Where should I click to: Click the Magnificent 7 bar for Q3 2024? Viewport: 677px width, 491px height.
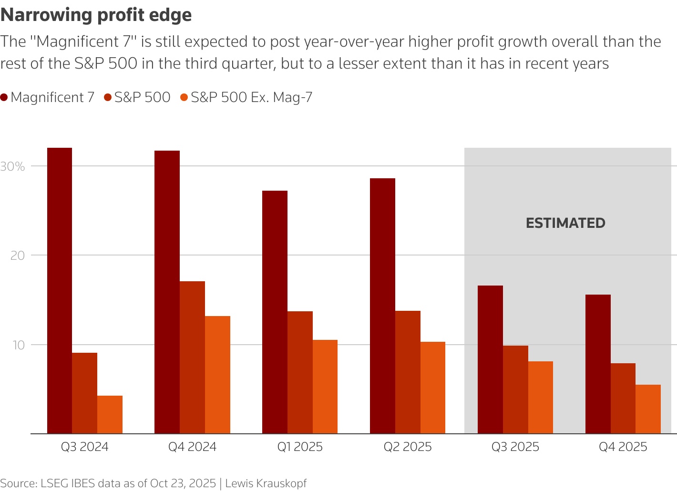tap(60, 291)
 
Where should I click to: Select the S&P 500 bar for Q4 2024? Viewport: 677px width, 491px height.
tap(192, 358)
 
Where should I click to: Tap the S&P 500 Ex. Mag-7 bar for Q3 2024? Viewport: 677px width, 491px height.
tap(110, 415)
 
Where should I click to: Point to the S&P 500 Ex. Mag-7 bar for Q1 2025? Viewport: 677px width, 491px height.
tap(325, 387)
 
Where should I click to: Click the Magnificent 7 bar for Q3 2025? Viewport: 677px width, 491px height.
tap(490, 359)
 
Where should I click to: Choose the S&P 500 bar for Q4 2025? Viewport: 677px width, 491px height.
tap(623, 399)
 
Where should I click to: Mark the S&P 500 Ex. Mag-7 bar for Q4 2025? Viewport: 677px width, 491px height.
tap(648, 409)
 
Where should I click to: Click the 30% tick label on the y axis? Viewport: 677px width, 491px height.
tap(12, 166)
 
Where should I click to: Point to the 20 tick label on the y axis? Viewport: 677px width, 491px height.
tap(18, 256)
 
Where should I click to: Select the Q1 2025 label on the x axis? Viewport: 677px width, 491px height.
tap(300, 447)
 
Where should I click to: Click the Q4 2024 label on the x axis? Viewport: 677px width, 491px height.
tap(192, 447)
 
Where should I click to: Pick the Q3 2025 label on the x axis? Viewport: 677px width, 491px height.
tap(515, 447)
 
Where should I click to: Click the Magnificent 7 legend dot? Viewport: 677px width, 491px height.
tap(4, 98)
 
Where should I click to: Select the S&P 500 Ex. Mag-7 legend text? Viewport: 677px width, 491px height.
tap(251, 98)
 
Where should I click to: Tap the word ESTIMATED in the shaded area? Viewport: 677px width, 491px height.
tap(565, 223)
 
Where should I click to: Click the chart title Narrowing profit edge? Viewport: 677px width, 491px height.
tap(96, 15)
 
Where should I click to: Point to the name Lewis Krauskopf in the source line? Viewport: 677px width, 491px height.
tap(266, 483)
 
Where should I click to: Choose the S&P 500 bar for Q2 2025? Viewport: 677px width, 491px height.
tap(408, 372)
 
